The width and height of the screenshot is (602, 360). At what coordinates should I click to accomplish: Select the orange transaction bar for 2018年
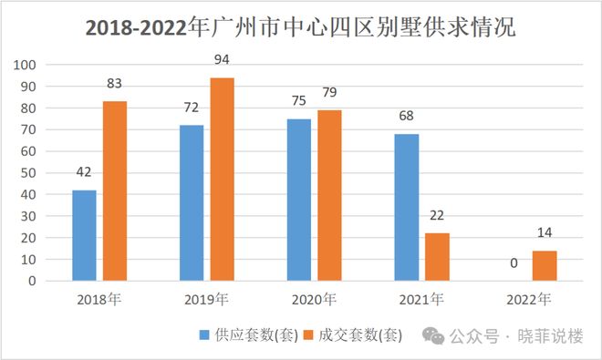(x=114, y=191)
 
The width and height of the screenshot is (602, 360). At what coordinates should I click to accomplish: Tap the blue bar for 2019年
(x=191, y=202)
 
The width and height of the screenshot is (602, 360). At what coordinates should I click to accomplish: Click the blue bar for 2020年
(x=298, y=200)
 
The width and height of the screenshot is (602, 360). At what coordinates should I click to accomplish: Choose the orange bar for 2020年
(x=329, y=195)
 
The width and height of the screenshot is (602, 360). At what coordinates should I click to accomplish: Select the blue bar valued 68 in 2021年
(x=406, y=207)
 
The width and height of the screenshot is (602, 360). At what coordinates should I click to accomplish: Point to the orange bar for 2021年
(x=437, y=257)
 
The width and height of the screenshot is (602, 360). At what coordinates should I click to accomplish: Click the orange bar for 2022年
(x=545, y=265)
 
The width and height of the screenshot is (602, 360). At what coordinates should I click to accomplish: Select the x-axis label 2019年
(x=206, y=299)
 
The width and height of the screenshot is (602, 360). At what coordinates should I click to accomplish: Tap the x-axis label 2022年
(x=529, y=299)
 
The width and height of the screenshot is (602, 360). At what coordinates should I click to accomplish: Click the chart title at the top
(x=300, y=28)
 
